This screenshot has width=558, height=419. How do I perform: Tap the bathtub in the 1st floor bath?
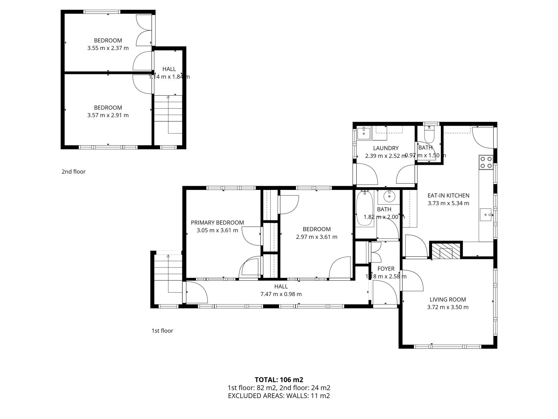coord(364,208)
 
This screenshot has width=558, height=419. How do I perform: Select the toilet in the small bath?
coord(429,134)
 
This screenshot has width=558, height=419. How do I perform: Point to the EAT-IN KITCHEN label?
coord(448,196)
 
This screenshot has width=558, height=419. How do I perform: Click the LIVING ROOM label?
coord(448,300)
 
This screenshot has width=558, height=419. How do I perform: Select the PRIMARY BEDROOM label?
coord(217,223)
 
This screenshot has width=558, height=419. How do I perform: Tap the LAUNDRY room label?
coord(386,148)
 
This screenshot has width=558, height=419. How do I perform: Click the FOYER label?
coord(386,269)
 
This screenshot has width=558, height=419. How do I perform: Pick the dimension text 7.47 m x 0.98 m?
coord(281,294)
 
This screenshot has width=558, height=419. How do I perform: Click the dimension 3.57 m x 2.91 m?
coord(108,115)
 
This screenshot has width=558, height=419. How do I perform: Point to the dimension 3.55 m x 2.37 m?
coord(108,48)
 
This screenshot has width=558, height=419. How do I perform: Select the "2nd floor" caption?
coord(74,172)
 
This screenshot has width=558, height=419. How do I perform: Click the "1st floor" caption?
coord(162,331)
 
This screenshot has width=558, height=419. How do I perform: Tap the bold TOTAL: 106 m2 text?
coord(279,380)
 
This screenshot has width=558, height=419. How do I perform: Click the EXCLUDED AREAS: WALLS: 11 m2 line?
coord(279,396)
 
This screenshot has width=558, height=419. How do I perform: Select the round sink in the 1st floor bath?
coord(389,196)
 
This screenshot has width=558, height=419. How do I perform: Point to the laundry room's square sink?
coord(364,133)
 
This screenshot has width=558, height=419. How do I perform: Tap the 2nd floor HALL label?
coord(169,69)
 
